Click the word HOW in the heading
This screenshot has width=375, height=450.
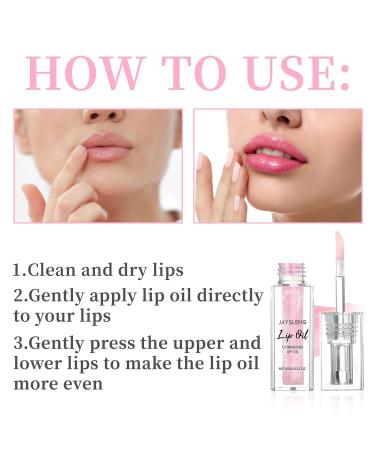tap(81, 72)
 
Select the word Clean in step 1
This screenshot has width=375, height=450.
tap(52, 270)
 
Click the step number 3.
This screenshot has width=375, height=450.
tap(17, 343)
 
